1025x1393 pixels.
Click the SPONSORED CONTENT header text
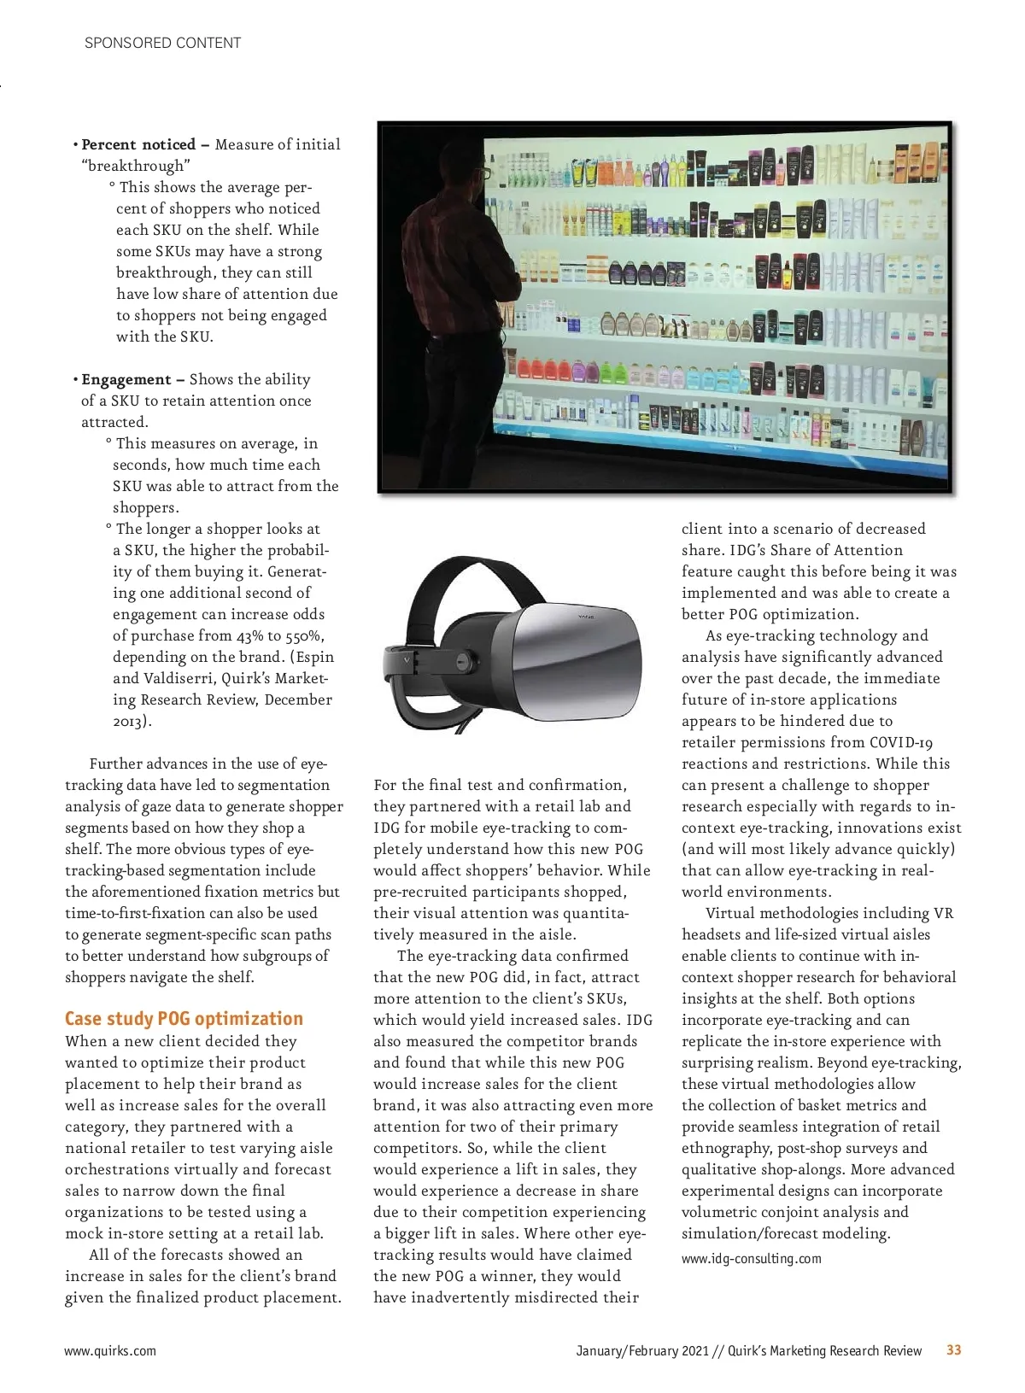[162, 43]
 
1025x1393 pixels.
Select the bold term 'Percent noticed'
[138, 144]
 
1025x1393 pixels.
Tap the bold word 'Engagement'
[126, 379]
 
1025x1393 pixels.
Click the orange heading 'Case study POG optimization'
[184, 1018]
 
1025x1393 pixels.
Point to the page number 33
[953, 1349]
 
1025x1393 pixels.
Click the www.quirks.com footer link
[110, 1350]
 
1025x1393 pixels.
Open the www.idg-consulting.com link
[751, 1258]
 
